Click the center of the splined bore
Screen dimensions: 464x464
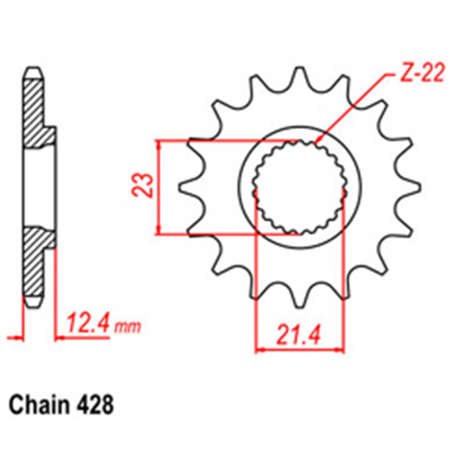pyautogui.click(x=300, y=187)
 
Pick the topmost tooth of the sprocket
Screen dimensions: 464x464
pyautogui.click(x=299, y=74)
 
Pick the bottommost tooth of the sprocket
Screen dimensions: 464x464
pyautogui.click(x=299, y=299)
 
